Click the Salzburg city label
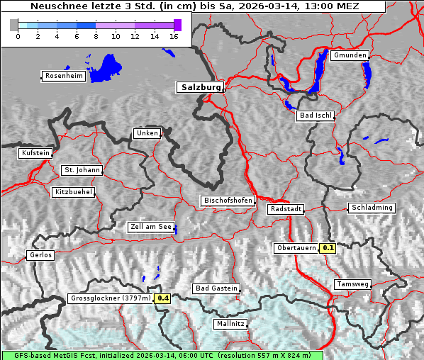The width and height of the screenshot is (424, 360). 199,88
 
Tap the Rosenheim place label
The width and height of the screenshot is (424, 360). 63,76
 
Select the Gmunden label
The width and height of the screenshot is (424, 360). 350,55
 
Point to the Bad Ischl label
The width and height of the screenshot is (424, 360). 315,116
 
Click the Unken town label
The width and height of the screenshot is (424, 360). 146,133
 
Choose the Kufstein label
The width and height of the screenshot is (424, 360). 35,153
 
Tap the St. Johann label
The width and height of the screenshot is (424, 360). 81,170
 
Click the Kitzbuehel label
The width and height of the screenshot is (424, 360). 73,192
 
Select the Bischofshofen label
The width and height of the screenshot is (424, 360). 228,201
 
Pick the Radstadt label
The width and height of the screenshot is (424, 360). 286,210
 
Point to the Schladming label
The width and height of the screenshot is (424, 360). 371,208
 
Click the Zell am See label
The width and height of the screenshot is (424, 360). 151,227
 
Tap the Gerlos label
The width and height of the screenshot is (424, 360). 40,255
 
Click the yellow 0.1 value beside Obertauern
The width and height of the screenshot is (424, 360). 328,248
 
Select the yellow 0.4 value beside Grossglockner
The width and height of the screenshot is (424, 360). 163,299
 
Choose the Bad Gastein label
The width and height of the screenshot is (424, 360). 216,289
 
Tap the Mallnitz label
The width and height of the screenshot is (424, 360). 230,324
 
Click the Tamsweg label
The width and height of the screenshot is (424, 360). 352,284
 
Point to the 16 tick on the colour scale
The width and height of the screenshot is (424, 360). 174,35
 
